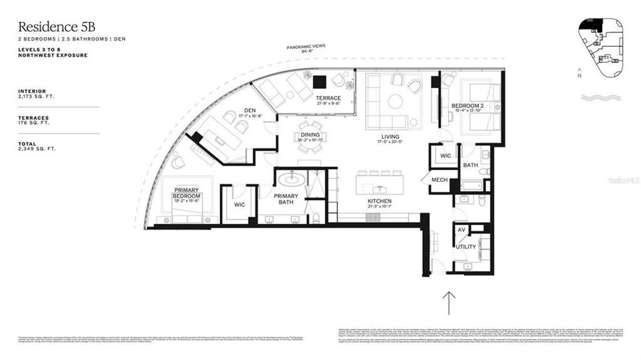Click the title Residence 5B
pyautogui.click(x=57, y=26)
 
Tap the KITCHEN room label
pyautogui.click(x=380, y=201)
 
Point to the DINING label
pyautogui.click(x=310, y=135)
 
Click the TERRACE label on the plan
pyautogui.click(x=329, y=98)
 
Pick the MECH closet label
pyautogui.click(x=440, y=179)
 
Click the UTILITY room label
pyautogui.click(x=465, y=247)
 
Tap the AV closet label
pyautogui.click(x=461, y=230)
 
